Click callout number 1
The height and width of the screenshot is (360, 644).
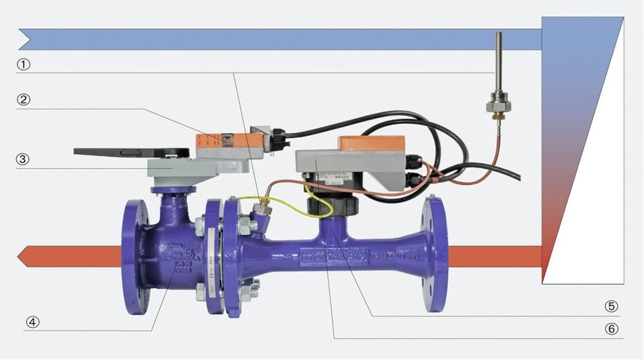click(x=23, y=64)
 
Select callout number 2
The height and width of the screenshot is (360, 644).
click(x=23, y=99)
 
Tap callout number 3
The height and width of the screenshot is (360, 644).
click(x=23, y=159)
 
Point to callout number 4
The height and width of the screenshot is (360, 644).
click(x=32, y=322)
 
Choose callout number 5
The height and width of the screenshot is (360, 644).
click(x=611, y=307)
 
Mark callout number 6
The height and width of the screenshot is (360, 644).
click(x=611, y=329)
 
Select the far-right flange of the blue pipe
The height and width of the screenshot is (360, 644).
click(x=434, y=255)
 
